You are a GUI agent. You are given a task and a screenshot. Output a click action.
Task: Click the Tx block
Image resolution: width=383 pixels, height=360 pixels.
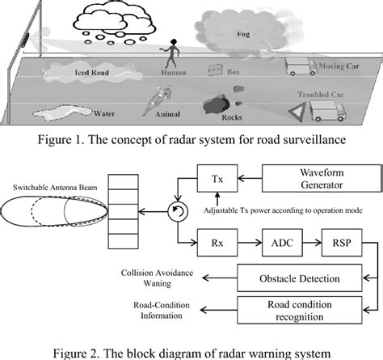click(x=216, y=179)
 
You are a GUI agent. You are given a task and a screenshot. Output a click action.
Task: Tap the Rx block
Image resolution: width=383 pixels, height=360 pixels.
click(x=216, y=240)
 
